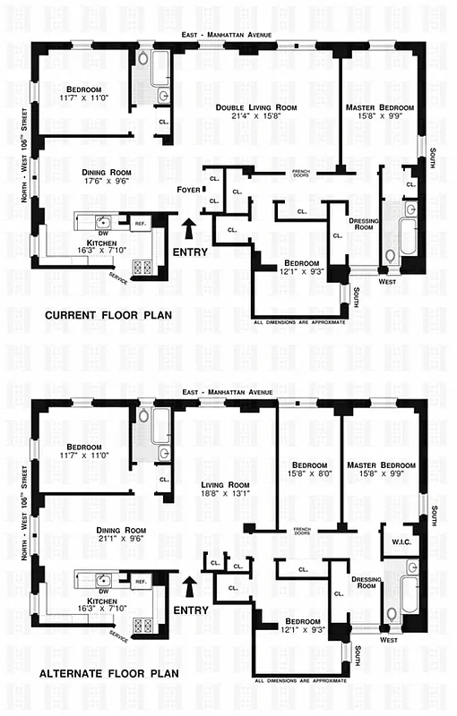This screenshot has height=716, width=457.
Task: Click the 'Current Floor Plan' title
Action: tap(109, 314)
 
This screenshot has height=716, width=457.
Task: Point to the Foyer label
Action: tap(188, 189)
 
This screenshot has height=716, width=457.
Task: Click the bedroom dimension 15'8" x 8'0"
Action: tap(308, 474)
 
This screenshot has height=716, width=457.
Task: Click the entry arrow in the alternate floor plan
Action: tap(190, 585)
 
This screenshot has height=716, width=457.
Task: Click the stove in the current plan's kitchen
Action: tap(142, 266)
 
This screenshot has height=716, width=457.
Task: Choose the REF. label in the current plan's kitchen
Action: tap(141, 223)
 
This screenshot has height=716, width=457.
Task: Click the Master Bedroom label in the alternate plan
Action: tap(381, 465)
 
